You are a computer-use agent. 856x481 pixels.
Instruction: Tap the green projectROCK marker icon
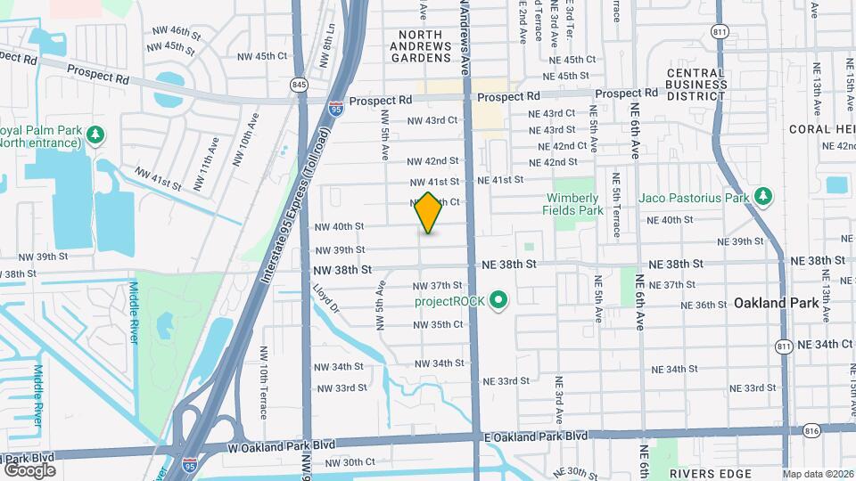tap(499, 301)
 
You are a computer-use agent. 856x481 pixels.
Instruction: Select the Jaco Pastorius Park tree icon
tap(762, 196)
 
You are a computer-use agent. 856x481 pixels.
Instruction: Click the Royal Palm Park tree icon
tap(95, 135)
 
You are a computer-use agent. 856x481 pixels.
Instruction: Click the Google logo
tap(29, 469)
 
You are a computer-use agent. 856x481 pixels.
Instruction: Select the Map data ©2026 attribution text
tap(818, 474)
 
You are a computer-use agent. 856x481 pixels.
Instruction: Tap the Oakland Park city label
tap(776, 303)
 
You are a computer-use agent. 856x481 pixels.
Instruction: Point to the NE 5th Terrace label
tap(616, 204)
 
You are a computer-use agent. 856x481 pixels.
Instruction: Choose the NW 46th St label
tap(168, 30)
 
